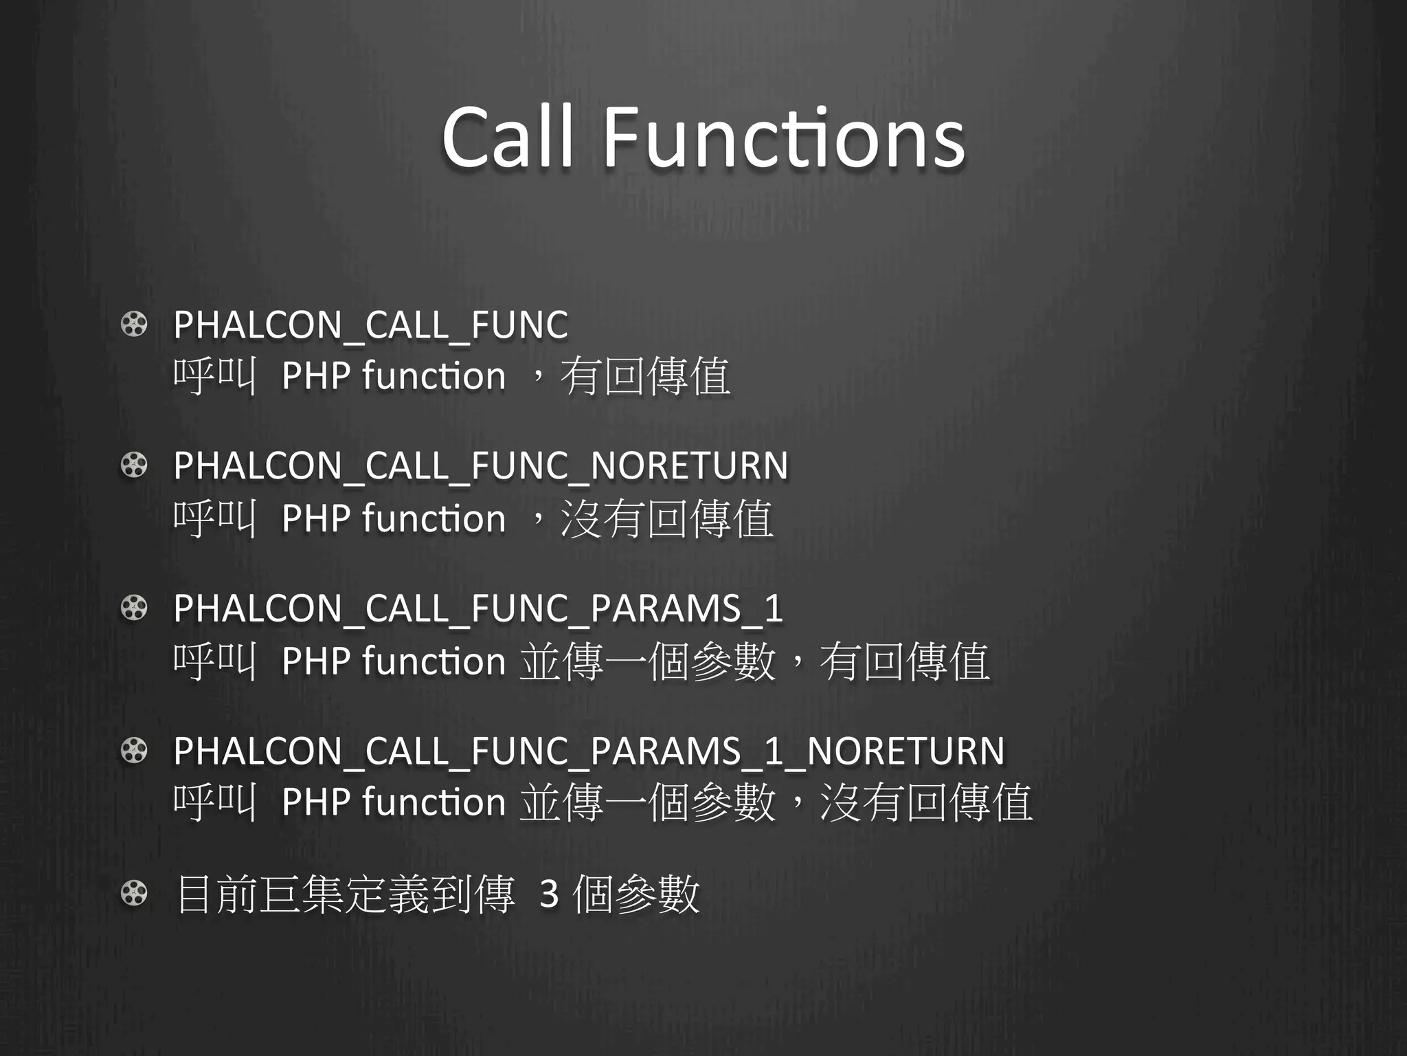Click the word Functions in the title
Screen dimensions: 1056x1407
tap(784, 137)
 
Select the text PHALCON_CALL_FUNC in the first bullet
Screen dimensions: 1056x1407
tap(370, 324)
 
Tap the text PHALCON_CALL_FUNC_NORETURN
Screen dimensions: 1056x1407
tap(480, 465)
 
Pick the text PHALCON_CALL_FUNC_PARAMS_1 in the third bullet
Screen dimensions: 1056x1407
tap(477, 608)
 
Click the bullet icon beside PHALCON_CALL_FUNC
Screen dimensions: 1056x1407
tap(134, 324)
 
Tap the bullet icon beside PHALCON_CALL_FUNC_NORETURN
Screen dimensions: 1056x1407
tap(134, 466)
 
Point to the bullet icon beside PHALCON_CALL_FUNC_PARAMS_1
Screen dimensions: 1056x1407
tap(134, 608)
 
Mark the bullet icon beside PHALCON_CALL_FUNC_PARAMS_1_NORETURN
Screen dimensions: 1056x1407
tap(134, 751)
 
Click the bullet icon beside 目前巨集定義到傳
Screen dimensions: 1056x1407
tap(134, 894)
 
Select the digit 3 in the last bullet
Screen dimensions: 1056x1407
tap(549, 894)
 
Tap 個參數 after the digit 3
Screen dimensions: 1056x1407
tap(635, 894)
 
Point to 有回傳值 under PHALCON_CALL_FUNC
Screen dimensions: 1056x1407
tap(645, 376)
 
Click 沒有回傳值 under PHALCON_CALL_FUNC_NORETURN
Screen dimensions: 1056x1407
tap(666, 518)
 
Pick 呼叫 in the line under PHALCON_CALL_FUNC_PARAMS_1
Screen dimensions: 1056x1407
tap(215, 661)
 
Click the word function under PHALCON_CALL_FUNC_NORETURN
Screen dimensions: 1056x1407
tap(434, 518)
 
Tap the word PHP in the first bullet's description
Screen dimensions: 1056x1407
tap(315, 376)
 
